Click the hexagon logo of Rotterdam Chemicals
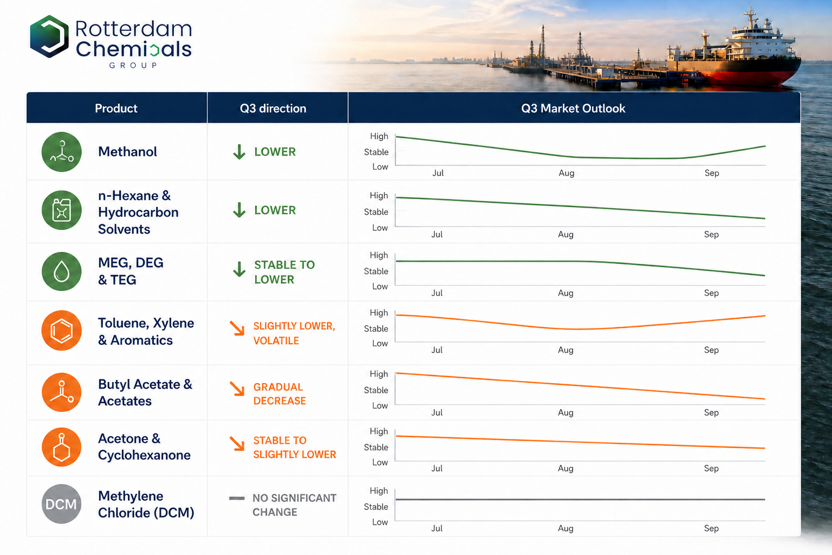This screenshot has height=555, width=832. tap(49, 36)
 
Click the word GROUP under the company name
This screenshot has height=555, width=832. tap(133, 66)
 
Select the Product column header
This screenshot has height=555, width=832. tap(116, 108)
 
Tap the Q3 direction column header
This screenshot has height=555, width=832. tap(273, 108)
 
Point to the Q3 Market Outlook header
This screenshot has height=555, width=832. tap(573, 108)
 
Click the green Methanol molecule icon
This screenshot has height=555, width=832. tap(62, 152)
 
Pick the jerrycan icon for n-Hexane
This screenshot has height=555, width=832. tap(62, 210)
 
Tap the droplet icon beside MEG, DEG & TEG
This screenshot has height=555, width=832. tap(62, 272)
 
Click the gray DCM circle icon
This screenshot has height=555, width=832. tap(61, 504)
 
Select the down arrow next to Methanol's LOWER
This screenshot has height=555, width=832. tap(239, 152)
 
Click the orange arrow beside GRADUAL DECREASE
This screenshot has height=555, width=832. tap(237, 389)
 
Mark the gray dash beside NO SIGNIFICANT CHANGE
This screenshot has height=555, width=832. tap(237, 498)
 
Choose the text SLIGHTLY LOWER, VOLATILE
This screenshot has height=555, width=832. tap(294, 333)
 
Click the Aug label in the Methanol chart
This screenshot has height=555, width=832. tap(567, 173)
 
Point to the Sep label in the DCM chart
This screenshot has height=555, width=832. tap(711, 528)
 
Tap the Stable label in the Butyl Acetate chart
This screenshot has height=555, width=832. tap(376, 390)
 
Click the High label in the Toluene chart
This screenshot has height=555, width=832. tap(379, 313)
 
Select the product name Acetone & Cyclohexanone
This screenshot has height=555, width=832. tap(144, 447)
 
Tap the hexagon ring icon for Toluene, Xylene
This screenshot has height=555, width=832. tap(62, 331)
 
